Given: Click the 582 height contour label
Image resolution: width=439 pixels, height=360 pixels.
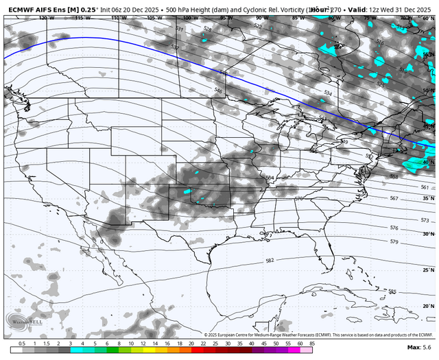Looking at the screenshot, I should [x=270, y=261].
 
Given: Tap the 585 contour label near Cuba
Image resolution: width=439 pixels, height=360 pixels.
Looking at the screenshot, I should [x=392, y=291].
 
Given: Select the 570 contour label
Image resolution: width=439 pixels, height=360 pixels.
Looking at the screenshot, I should [x=298, y=198].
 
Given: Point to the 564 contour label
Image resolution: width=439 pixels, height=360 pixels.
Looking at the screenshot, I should [x=270, y=177].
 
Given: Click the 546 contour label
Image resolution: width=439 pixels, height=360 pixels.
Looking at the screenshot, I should [x=218, y=91].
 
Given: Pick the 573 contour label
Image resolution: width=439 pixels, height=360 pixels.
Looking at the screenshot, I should [x=425, y=220].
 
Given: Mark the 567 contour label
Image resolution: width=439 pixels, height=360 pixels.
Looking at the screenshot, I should [x=394, y=198].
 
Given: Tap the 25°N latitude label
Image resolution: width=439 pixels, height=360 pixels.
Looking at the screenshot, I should [x=427, y=270].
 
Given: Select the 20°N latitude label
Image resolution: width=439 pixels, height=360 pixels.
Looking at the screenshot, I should [x=427, y=306].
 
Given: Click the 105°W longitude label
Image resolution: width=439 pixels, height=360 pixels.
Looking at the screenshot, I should [x=151, y=17].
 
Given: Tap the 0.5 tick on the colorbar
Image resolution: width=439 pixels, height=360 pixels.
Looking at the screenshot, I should [x=22, y=343].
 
